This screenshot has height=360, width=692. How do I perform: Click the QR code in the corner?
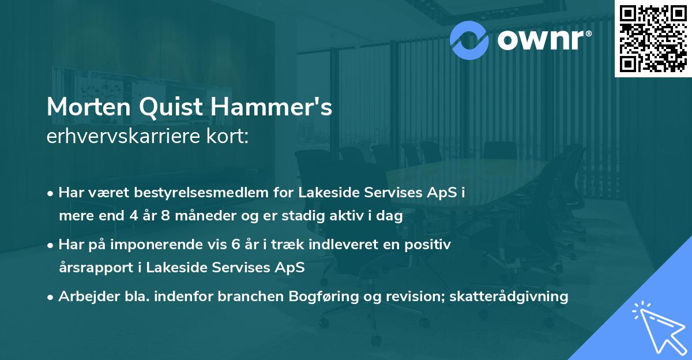(x=653, y=38)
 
